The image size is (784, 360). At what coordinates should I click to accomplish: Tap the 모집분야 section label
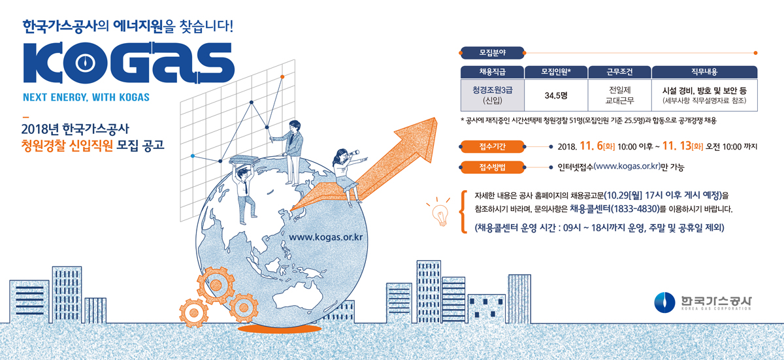point(493,51)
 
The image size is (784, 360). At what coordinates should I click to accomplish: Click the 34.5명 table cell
point(556,95)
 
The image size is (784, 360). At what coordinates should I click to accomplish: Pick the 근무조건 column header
point(620,71)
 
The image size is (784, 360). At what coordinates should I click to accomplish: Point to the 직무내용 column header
point(704,71)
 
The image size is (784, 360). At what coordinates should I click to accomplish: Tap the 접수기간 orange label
point(493,146)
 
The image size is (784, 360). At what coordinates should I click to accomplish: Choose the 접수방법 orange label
point(493,167)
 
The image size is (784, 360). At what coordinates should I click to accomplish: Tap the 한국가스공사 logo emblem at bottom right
point(664,302)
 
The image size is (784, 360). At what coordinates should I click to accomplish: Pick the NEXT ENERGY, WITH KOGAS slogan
point(86,98)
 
